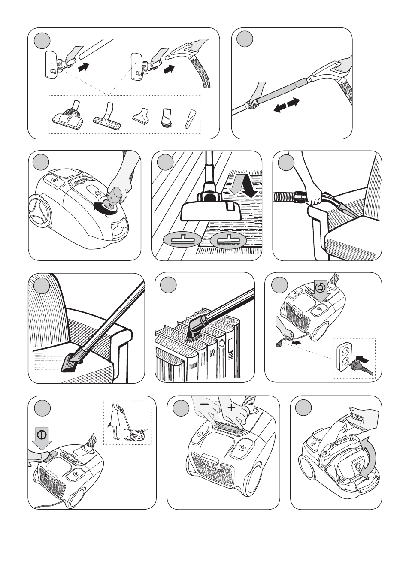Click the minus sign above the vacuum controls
tap(205, 405)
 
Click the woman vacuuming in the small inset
tap(117, 423)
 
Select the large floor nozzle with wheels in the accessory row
tap(68, 116)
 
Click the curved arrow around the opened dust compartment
tap(366, 462)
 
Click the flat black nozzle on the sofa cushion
tap(73, 363)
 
